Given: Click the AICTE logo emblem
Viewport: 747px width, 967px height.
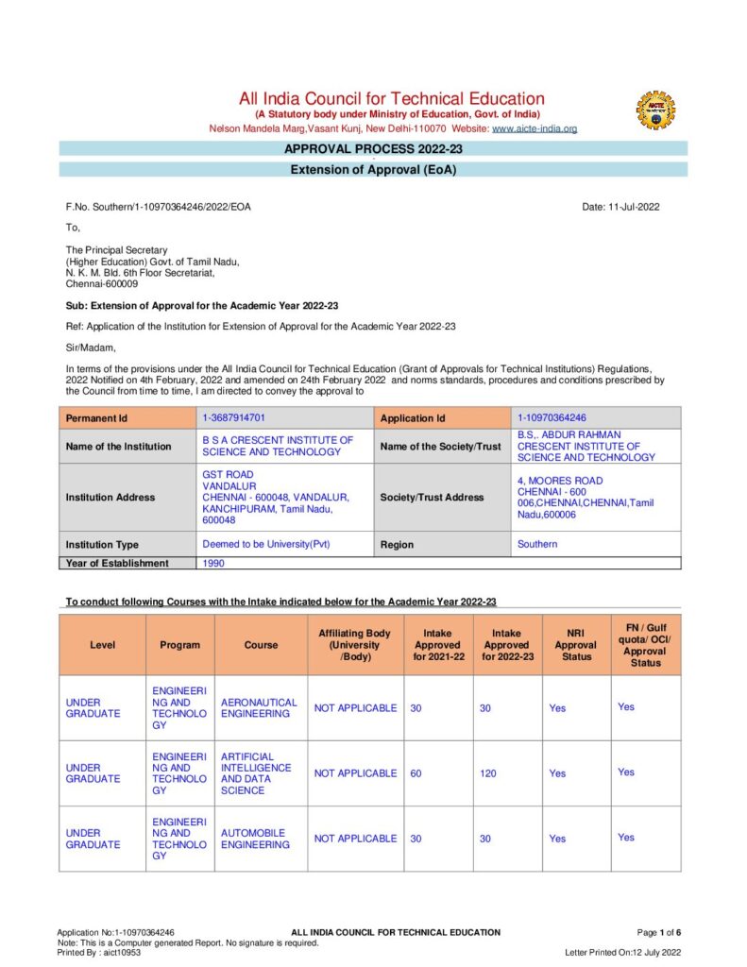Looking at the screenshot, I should click(655, 110).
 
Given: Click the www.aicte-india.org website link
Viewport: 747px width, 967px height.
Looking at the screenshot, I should click(535, 128).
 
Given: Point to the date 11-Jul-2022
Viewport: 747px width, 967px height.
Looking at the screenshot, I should click(621, 207).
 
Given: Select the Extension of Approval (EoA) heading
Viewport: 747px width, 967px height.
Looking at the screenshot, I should click(373, 170).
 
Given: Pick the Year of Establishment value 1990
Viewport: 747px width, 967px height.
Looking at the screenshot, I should click(214, 563).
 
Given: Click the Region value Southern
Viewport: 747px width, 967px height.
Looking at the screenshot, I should click(537, 544).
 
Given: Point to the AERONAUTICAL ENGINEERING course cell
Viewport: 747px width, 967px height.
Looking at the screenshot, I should click(259, 708).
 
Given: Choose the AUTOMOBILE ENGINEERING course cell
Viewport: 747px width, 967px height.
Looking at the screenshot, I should click(255, 839).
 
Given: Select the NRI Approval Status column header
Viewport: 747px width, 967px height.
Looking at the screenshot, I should click(576, 645).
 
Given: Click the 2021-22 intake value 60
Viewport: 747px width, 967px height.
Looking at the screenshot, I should click(416, 773).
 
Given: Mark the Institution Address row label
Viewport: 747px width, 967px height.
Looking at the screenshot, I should click(110, 498).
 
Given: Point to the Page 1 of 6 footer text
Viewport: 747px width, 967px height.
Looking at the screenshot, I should click(659, 932).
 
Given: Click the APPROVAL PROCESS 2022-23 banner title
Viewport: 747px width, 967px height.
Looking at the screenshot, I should click(373, 149).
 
